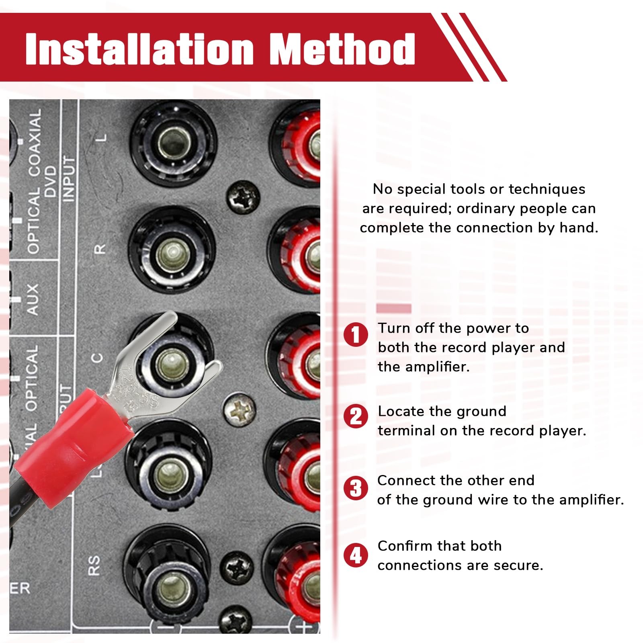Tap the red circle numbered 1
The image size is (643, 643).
(x=356, y=334)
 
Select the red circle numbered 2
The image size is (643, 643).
(x=356, y=416)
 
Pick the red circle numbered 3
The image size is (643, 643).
(x=356, y=488)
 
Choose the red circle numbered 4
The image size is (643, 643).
(x=356, y=555)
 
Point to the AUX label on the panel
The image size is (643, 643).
(x=32, y=299)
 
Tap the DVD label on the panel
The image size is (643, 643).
(x=50, y=181)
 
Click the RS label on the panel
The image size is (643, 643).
(x=93, y=565)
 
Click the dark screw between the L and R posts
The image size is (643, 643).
(x=244, y=197)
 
